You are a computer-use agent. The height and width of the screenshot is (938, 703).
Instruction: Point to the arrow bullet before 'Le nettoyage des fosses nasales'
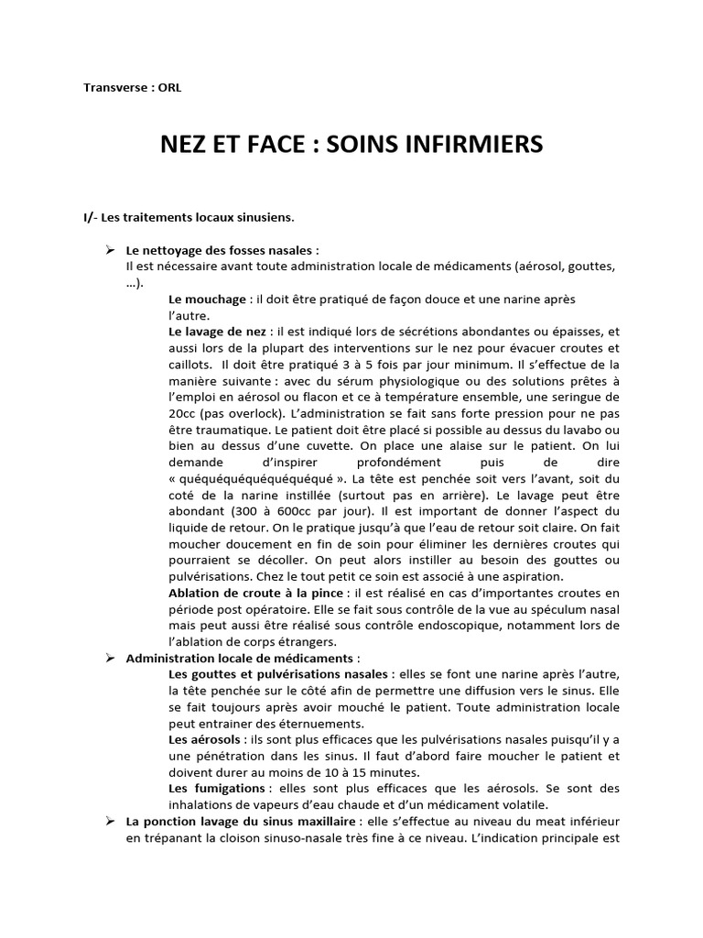pyautogui.click(x=108, y=249)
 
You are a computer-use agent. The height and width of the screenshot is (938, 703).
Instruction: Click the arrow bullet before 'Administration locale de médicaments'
pyautogui.click(x=108, y=658)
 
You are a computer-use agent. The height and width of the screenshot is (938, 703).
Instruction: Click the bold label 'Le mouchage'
pyautogui.click(x=208, y=299)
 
